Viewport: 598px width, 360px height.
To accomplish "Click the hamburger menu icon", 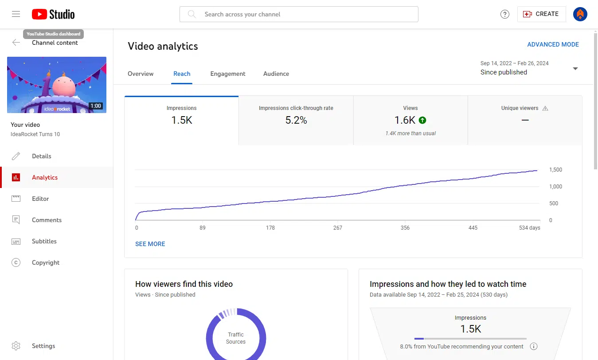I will tap(16, 14).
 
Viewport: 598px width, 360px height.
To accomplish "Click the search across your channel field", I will tap(299, 14).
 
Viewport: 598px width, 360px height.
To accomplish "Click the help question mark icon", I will tap(504, 14).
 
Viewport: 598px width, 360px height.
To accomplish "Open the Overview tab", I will tap(141, 74).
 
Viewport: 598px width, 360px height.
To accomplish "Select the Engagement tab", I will tap(228, 74).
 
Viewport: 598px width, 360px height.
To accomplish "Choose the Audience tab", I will tap(276, 74).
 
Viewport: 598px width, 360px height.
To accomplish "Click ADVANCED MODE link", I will tap(553, 44).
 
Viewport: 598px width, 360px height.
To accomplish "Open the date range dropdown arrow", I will tap(575, 69).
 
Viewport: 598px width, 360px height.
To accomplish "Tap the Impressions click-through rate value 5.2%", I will tap(296, 120).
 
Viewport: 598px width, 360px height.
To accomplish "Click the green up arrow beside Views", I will tap(422, 120).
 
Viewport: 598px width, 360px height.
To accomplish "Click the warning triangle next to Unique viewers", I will tap(545, 108).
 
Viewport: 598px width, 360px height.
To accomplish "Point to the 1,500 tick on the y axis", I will tap(555, 170).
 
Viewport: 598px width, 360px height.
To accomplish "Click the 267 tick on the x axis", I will tap(338, 228).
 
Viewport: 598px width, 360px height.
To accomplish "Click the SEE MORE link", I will tap(150, 244).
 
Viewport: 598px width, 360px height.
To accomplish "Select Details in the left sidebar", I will tap(42, 156).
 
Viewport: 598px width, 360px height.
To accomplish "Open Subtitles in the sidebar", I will tap(44, 241).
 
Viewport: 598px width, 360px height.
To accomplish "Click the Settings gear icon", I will tap(16, 346).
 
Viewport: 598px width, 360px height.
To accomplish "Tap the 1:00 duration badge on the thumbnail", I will tap(95, 106).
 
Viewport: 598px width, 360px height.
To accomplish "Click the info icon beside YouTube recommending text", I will tap(534, 346).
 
